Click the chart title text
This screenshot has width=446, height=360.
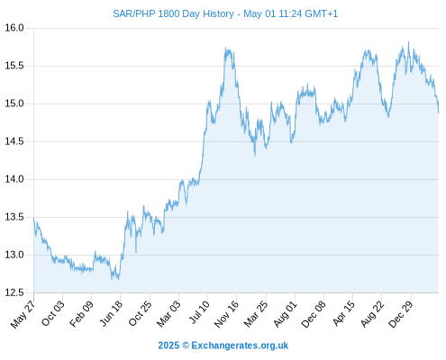[x=225, y=13]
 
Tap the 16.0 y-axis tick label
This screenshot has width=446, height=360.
[x=14, y=28]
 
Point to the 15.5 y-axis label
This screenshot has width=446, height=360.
[x=14, y=66]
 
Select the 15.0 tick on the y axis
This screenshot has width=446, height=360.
[x=14, y=103]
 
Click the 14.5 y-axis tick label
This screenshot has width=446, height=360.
[x=14, y=141]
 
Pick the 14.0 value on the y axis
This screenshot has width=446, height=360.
[x=14, y=179]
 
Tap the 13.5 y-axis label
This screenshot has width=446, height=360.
[x=14, y=217]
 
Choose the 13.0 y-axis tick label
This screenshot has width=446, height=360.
[x=14, y=255]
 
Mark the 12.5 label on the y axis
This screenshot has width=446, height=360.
[x=14, y=292]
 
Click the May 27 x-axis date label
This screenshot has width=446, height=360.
[x=23, y=314]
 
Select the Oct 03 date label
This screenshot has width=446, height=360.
[x=53, y=313]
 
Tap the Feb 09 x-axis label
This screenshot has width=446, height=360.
[x=81, y=313]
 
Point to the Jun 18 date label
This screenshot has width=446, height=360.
[x=111, y=313]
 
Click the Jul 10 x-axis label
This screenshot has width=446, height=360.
[x=199, y=312]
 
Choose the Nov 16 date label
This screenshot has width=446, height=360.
[x=226, y=313]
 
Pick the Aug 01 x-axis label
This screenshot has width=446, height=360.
[x=286, y=313]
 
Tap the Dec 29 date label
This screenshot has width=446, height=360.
[x=401, y=313]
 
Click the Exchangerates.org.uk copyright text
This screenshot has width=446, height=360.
[x=223, y=346]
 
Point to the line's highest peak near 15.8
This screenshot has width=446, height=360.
[x=408, y=42]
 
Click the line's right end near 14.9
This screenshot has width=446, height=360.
[x=439, y=112]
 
